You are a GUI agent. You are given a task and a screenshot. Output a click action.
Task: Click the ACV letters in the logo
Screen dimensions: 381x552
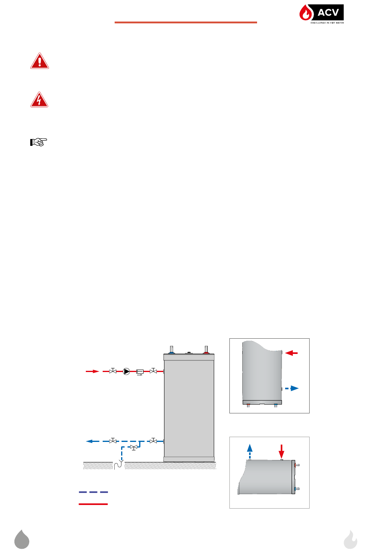pyautogui.click(x=328, y=12)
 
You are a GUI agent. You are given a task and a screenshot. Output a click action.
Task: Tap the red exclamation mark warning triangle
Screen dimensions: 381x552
pyautogui.click(x=39, y=61)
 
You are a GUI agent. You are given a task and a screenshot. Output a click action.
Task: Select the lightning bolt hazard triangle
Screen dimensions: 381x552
pyautogui.click(x=39, y=100)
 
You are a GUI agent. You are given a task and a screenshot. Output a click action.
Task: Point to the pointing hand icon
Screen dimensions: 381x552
pyautogui.click(x=39, y=142)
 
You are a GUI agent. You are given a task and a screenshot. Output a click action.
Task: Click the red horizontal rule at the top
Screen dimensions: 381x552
pyautogui.click(x=186, y=22)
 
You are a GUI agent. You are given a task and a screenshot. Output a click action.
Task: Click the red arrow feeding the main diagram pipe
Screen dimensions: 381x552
pyautogui.click(x=93, y=371)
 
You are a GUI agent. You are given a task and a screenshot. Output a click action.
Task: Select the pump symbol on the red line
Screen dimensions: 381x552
pyautogui.click(x=126, y=372)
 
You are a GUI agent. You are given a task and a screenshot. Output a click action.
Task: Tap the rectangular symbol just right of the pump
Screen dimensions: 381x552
pyautogui.click(x=140, y=372)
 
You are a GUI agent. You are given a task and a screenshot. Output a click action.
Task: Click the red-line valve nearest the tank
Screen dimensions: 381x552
pyautogui.click(x=153, y=371)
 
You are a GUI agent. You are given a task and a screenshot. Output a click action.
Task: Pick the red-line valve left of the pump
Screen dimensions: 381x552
pyautogui.click(x=113, y=371)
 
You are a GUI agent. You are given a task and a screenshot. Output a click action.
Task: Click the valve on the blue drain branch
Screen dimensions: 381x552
pyautogui.click(x=134, y=447)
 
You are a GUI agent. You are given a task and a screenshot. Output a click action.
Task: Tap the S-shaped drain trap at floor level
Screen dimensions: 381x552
pyautogui.click(x=118, y=465)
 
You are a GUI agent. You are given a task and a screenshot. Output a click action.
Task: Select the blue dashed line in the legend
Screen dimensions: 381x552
pyautogui.click(x=93, y=492)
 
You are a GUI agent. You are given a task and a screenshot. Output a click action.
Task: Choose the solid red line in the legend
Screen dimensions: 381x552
pyautogui.click(x=93, y=504)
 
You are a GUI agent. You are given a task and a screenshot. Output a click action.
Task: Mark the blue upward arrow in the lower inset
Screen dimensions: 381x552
pyautogui.click(x=250, y=450)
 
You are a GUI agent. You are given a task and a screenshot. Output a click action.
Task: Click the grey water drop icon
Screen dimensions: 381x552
pyautogui.click(x=22, y=539)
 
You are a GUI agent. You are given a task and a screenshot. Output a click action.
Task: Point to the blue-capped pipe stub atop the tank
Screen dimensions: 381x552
pyautogui.click(x=172, y=350)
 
